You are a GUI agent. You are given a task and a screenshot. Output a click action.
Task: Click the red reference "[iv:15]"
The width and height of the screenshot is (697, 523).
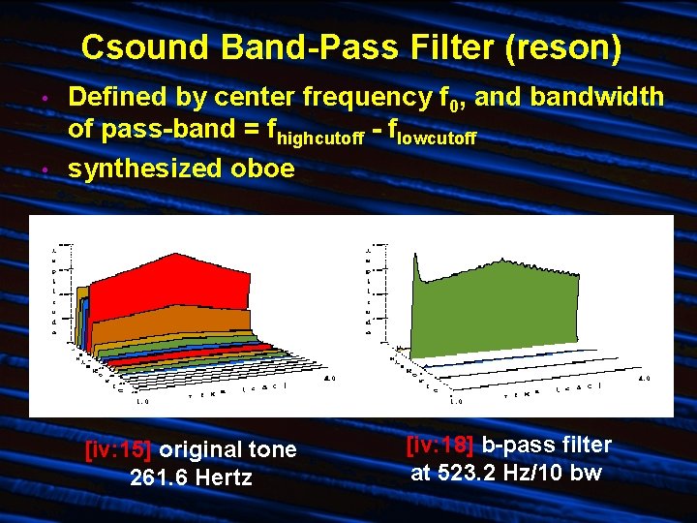pos(118,449)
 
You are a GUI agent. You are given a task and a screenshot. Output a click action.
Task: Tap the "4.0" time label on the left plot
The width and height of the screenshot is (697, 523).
pos(329,378)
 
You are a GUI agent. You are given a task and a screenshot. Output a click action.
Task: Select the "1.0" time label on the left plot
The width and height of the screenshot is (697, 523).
pos(142,400)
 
